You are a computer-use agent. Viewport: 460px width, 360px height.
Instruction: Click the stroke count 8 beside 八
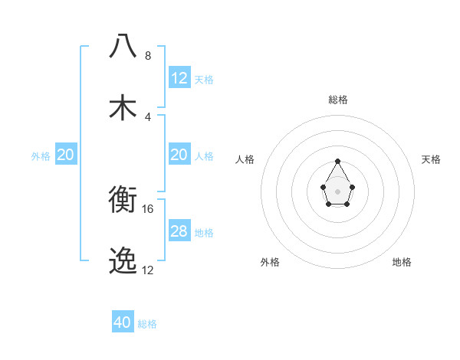point(148,56)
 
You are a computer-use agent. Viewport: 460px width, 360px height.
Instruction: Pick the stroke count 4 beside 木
point(148,117)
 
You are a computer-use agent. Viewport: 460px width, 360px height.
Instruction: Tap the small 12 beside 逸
point(148,270)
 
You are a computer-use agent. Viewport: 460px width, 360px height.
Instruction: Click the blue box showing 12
point(179,78)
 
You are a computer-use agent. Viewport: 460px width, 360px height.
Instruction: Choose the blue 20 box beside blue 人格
point(179,155)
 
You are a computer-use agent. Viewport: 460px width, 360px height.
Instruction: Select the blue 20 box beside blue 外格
point(66,155)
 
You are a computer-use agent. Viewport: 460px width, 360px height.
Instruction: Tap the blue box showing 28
point(179,231)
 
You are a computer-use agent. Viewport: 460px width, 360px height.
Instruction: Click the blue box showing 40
point(123,322)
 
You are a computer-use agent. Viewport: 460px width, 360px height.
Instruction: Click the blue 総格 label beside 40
point(147,324)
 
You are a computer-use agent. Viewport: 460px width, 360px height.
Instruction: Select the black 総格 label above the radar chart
point(338,100)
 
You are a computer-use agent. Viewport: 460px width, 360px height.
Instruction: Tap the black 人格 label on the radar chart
point(245,159)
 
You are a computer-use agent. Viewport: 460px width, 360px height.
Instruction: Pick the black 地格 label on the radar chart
point(402,262)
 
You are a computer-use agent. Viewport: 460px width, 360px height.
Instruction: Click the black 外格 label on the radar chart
point(270,262)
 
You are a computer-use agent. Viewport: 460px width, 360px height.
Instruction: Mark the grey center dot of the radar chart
point(337,190)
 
